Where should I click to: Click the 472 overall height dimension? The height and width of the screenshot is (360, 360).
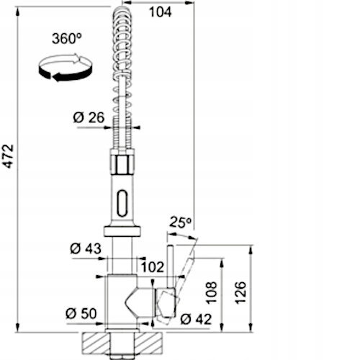click(x=9, y=156)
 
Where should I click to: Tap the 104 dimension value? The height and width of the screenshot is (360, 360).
click(x=161, y=12)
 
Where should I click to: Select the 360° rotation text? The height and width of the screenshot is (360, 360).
click(x=67, y=38)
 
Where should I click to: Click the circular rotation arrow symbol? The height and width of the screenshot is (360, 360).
click(x=66, y=68)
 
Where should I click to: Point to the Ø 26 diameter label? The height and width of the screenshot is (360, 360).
click(x=89, y=117)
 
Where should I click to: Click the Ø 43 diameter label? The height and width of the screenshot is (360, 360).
click(x=86, y=248)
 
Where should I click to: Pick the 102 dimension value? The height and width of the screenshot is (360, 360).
click(x=153, y=267)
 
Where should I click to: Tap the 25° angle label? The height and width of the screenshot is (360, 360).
click(x=181, y=222)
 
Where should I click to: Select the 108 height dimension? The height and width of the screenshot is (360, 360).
click(x=212, y=293)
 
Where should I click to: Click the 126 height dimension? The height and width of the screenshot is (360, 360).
click(x=240, y=293)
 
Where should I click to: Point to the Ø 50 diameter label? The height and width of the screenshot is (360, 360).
click(x=81, y=313)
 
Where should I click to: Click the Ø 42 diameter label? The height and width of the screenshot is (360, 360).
click(x=196, y=319)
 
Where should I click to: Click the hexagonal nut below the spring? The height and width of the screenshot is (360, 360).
click(x=122, y=164)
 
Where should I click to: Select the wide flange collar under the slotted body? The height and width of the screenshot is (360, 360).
click(x=122, y=230)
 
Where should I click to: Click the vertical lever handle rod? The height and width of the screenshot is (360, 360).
click(x=171, y=266)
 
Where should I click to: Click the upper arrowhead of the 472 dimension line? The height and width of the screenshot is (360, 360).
click(x=17, y=12)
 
